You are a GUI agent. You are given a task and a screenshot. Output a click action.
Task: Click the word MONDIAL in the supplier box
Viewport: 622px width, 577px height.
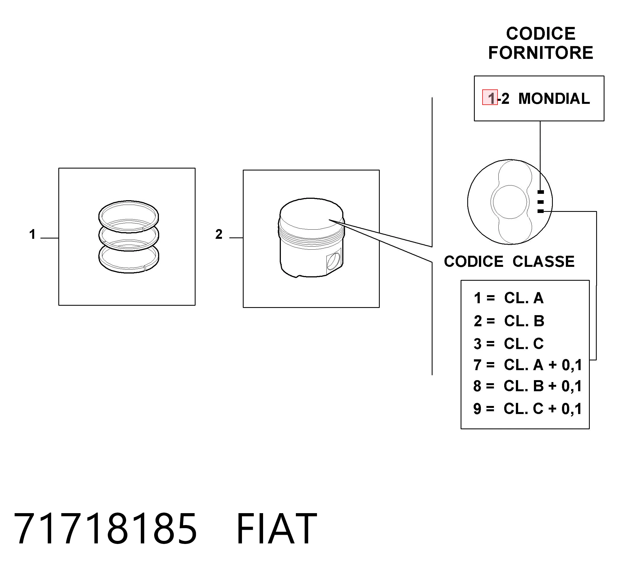tap(554, 99)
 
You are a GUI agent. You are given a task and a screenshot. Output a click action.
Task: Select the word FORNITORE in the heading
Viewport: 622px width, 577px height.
tap(540, 53)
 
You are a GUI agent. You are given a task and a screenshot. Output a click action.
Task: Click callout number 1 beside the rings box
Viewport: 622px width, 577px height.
tap(32, 234)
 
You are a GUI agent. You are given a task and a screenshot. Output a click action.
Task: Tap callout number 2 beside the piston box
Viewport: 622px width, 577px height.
tap(219, 234)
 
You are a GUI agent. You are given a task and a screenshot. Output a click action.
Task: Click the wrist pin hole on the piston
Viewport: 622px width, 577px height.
tap(334, 261)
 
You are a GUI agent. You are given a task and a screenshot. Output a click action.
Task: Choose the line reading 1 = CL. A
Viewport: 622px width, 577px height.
tap(509, 298)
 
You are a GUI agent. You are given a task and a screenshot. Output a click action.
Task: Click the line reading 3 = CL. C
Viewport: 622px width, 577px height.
tap(509, 343)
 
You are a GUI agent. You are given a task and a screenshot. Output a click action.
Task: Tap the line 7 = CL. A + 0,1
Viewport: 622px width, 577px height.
tap(528, 365)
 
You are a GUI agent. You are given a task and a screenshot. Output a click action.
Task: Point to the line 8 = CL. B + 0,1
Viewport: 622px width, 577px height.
tap(528, 386)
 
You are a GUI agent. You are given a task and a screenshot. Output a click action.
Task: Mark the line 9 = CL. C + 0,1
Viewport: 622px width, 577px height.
tap(528, 409)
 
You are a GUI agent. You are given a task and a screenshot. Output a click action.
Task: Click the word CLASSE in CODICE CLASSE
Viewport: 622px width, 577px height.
tap(544, 262)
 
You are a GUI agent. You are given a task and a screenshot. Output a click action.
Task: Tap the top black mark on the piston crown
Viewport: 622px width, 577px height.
tap(540, 192)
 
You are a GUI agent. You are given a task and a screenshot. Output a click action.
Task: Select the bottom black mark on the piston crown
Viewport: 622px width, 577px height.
tap(540, 211)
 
